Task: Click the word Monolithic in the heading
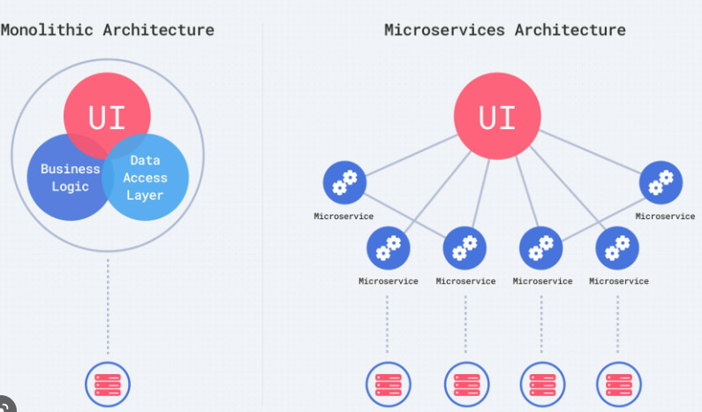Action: (x=47, y=29)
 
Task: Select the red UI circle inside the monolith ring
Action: (x=107, y=116)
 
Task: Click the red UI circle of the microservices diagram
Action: (x=497, y=116)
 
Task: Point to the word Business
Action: (x=71, y=169)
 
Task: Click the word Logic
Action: (x=71, y=187)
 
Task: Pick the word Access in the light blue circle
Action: (x=145, y=178)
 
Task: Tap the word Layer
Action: (x=145, y=195)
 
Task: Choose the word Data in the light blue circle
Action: (x=145, y=160)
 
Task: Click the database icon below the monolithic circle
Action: (x=107, y=385)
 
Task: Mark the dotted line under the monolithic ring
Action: (x=107, y=301)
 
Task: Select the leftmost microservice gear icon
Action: (x=343, y=182)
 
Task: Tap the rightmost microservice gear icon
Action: (x=661, y=182)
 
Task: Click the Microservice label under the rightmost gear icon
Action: (x=665, y=216)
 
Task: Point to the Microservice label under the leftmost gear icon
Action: (x=343, y=216)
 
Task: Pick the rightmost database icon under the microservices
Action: (x=618, y=385)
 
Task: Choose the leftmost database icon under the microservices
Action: (x=388, y=385)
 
